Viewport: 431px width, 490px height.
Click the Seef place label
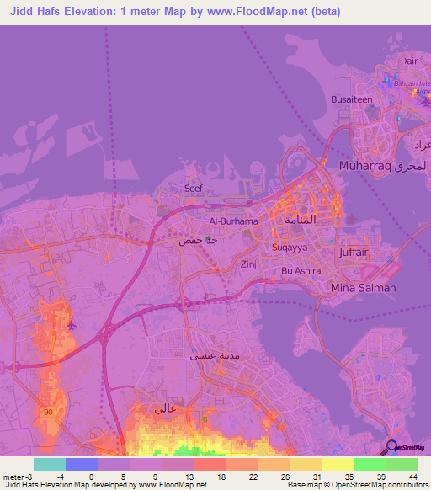pos(194,189)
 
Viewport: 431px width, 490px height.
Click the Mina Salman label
pos(364,288)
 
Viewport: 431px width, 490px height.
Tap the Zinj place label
pos(249,264)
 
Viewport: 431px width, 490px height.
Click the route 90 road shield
pos(49,410)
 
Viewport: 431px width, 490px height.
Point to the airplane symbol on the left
pos(71,324)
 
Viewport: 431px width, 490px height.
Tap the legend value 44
pos(412,476)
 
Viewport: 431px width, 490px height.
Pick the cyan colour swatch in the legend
pos(50,464)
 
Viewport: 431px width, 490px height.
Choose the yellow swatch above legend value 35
pos(337,464)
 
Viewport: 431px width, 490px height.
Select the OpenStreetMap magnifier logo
pos(391,447)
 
